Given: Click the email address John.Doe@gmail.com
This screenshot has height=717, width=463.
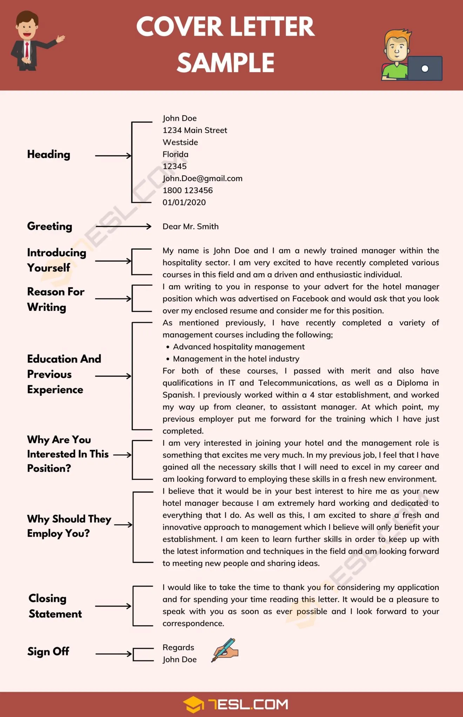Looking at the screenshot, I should [202, 179].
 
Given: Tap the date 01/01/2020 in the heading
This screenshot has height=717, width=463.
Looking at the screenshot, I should [184, 202].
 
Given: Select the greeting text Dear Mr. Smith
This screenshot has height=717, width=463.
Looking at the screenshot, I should [190, 227].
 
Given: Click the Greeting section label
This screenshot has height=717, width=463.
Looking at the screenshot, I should [49, 226].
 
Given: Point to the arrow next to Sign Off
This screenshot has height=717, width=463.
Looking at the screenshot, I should [113, 654].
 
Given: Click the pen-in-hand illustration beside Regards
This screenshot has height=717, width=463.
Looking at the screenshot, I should [225, 650].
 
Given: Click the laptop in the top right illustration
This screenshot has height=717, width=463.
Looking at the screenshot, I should [424, 68].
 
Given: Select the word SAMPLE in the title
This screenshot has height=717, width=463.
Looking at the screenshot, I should [225, 63].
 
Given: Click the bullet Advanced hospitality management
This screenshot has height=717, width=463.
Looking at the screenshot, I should [238, 347].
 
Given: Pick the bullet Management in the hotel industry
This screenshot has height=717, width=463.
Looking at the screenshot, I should [236, 359].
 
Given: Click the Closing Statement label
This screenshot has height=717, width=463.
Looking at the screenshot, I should [55, 606].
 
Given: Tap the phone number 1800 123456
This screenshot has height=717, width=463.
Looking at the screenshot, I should [188, 190].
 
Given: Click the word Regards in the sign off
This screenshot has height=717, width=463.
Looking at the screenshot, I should [178, 648].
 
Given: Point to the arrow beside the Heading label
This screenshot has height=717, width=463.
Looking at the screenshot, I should [113, 155].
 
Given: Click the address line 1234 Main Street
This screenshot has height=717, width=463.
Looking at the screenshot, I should [195, 130].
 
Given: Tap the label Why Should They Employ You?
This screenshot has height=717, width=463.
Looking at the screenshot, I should [69, 526].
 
